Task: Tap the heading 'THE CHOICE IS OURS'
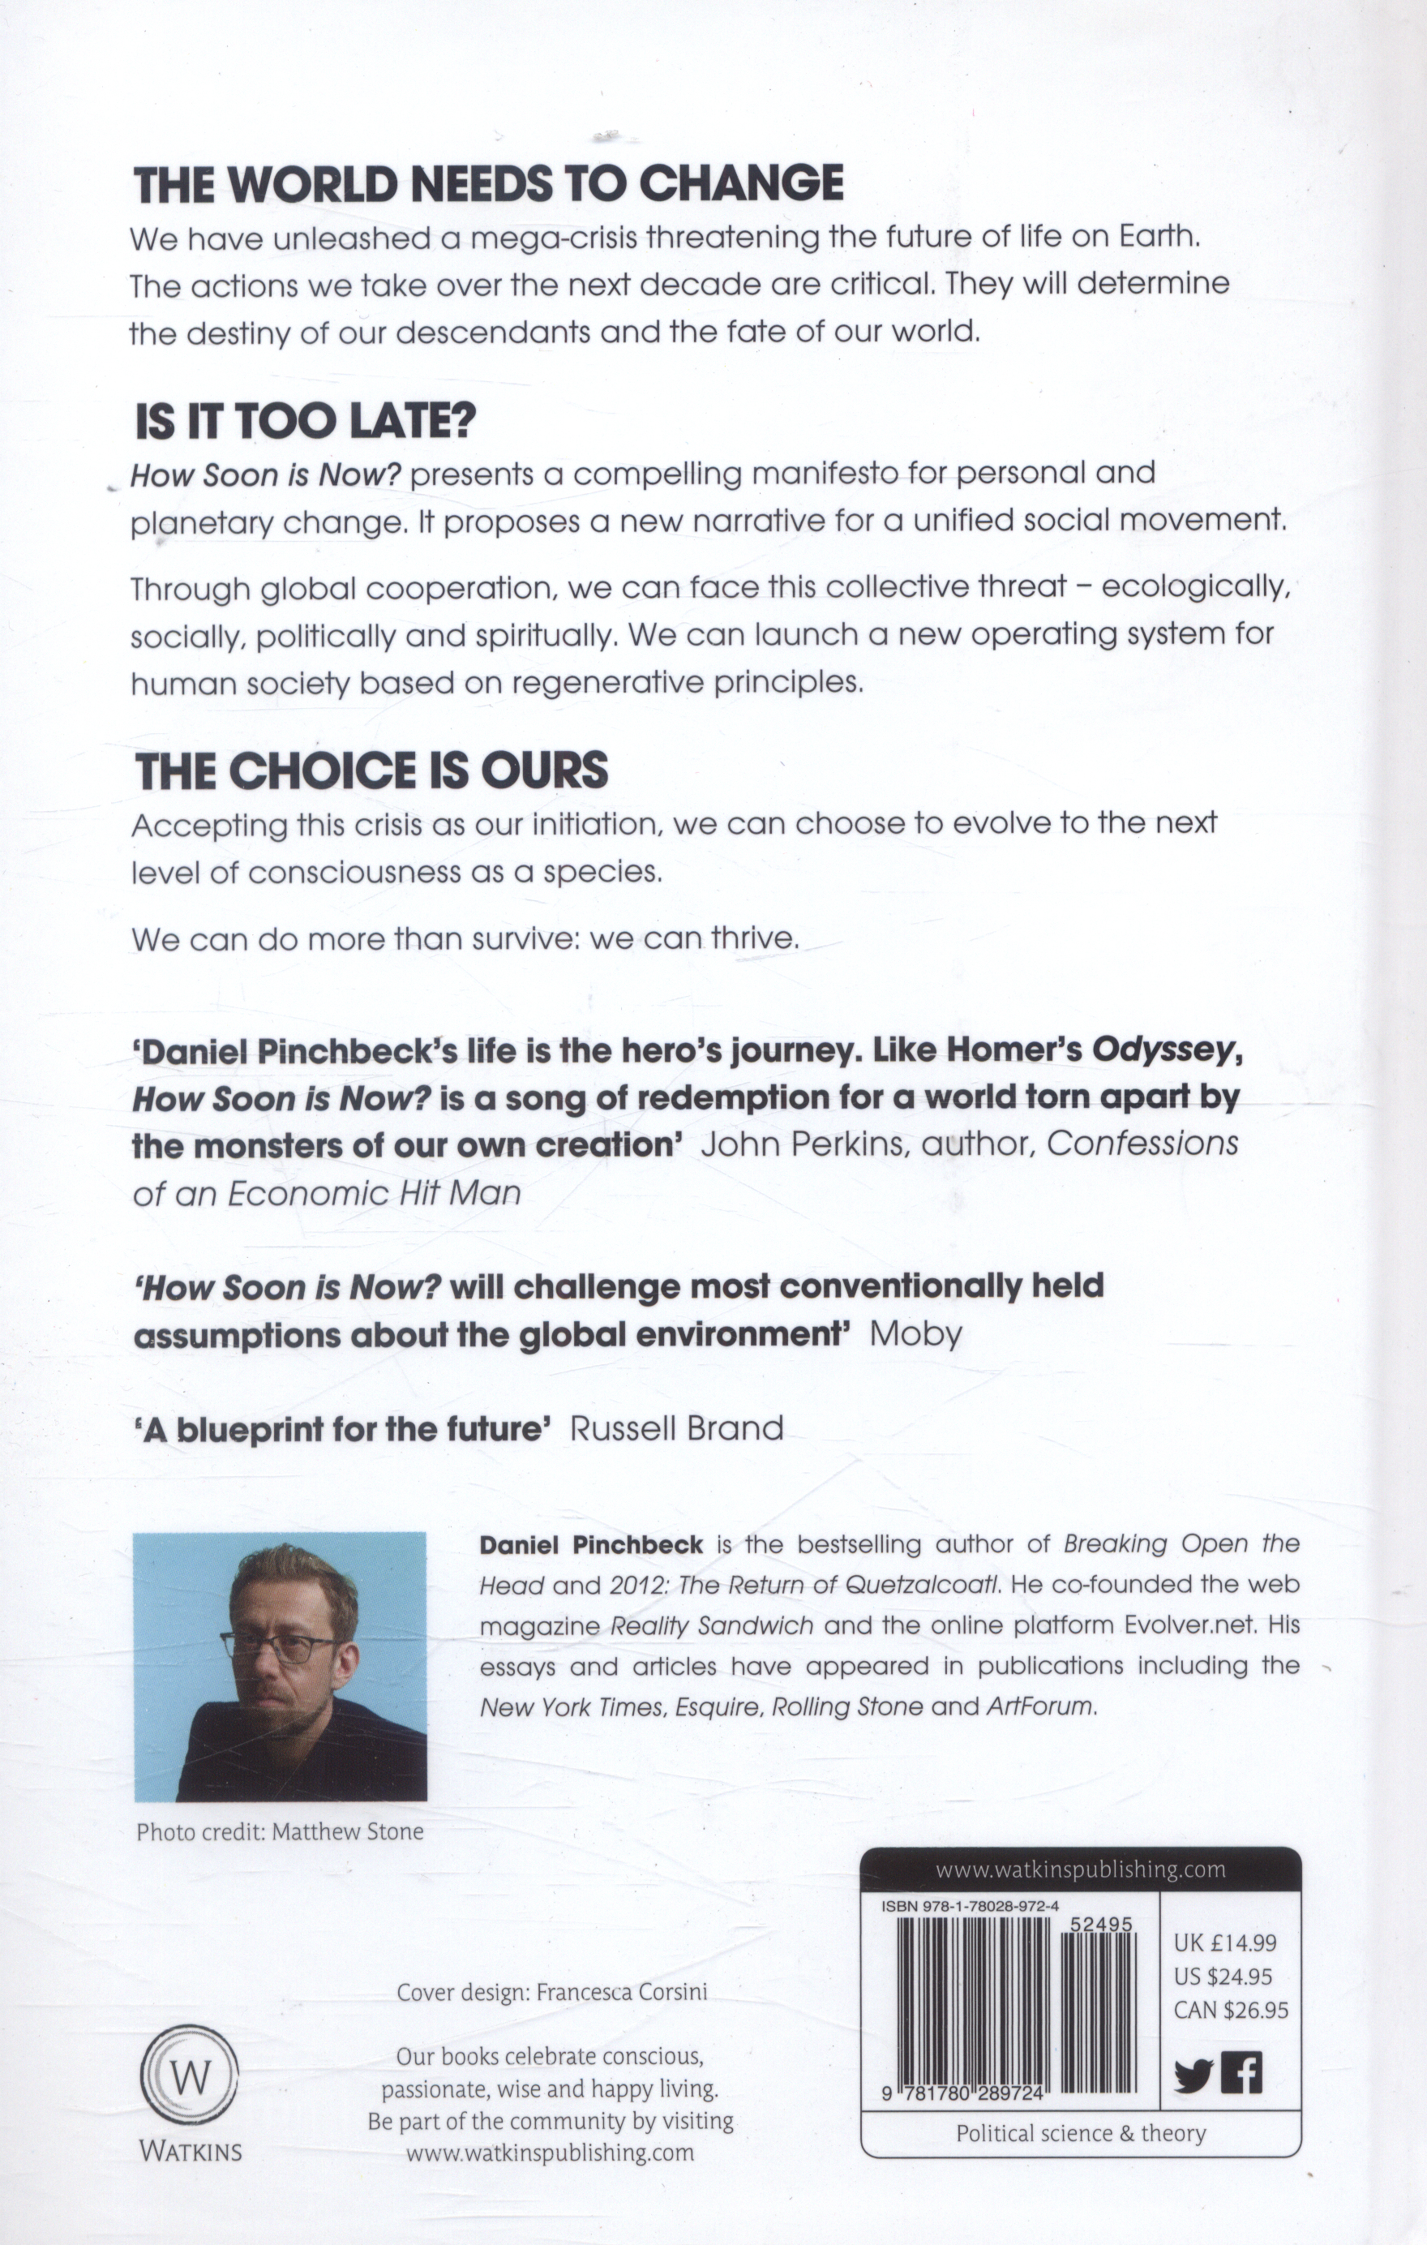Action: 372,771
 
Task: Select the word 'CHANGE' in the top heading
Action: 741,183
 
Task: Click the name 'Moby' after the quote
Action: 915,1334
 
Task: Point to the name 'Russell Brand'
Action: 677,1429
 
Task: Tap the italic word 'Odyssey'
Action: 1166,1050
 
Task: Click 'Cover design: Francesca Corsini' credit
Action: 552,1991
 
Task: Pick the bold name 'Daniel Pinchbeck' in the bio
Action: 591,1544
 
